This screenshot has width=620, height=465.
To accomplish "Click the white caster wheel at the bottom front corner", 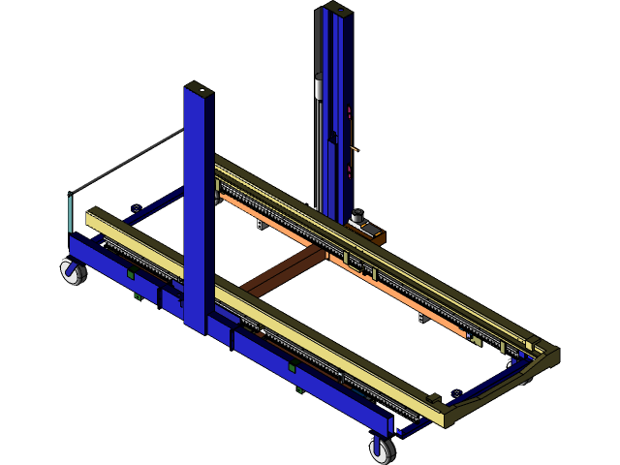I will [x=383, y=449].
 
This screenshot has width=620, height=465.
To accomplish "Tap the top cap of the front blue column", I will [x=200, y=88].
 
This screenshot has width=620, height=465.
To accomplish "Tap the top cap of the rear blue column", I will [x=335, y=8].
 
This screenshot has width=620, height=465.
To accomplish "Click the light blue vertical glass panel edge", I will [x=71, y=213].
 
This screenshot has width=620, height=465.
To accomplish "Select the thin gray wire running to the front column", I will [x=126, y=160].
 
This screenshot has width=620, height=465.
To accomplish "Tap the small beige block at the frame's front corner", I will [x=434, y=398].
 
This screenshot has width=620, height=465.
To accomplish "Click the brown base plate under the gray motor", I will [x=374, y=236].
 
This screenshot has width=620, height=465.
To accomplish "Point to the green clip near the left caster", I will [x=130, y=275].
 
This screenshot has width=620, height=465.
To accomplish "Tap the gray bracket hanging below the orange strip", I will [x=261, y=225].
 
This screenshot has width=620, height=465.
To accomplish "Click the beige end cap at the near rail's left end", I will [x=94, y=217].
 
